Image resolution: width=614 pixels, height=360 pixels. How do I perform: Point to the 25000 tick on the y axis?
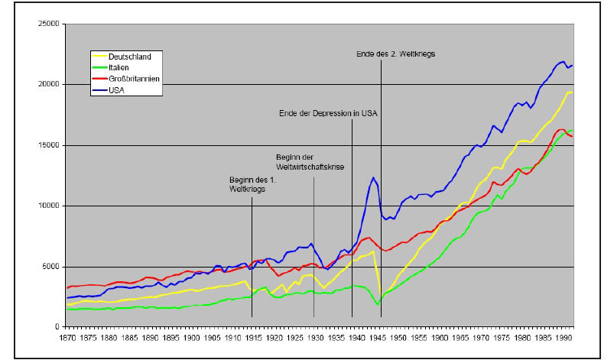click(x=49, y=24)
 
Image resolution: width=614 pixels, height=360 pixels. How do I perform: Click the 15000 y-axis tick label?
click(x=49, y=145)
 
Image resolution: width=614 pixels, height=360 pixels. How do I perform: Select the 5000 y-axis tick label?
click(x=51, y=267)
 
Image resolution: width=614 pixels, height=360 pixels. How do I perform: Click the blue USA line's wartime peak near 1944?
click(x=373, y=178)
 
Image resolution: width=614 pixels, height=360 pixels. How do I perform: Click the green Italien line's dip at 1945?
click(x=377, y=305)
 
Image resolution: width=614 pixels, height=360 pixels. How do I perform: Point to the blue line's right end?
click(x=572, y=65)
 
